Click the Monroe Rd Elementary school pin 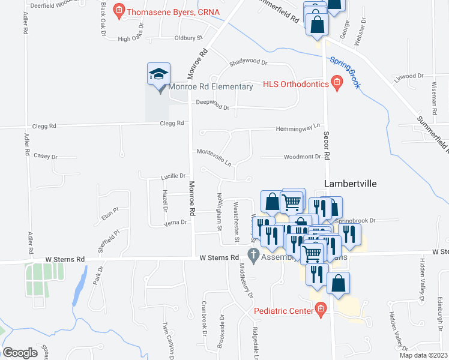(159, 75)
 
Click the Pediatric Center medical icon (321, 310)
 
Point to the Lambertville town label (350, 184)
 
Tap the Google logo (20, 352)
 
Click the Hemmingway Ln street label (298, 128)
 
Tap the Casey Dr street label (46, 156)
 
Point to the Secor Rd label (327, 146)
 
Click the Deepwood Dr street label (213, 104)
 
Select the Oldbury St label (188, 38)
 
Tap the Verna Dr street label (176, 222)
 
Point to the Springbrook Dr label (358, 220)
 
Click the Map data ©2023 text (423, 355)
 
